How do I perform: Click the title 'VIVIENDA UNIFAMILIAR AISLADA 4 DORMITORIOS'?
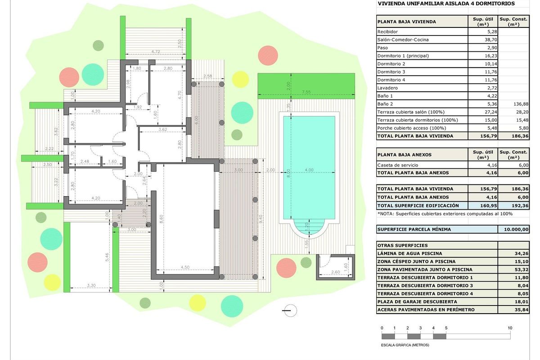pos(446,4)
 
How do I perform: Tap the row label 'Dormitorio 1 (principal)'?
pos(403,56)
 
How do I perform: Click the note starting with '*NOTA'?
pos(445,214)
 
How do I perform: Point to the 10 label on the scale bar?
pos(510,328)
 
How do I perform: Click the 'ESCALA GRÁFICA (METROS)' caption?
pos(405,345)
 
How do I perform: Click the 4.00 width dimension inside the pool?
pos(309,170)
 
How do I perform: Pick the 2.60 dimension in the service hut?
pos(336,272)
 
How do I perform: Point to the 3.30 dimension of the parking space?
pos(90,285)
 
